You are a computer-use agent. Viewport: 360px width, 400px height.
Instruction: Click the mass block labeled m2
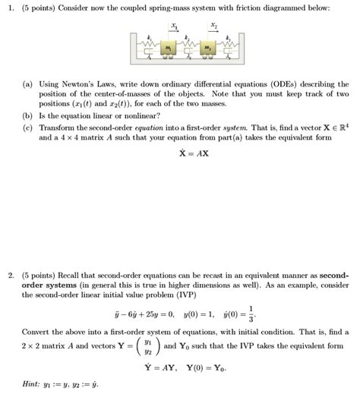click(x=207, y=48)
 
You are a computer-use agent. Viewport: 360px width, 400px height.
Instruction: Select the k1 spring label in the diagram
click(x=150, y=37)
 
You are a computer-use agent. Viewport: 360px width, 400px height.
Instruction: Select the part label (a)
click(x=30, y=83)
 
